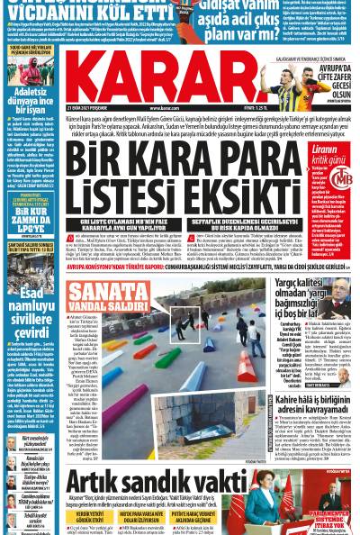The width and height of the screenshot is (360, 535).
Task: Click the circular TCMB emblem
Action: pos(338,178)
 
